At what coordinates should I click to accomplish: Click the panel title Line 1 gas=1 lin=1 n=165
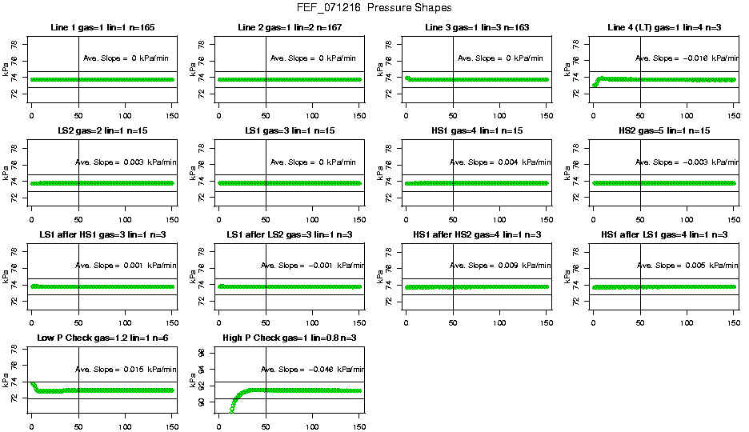click(x=102, y=28)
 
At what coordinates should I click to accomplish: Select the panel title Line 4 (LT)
click(x=663, y=28)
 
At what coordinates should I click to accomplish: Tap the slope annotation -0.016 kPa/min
click(x=687, y=58)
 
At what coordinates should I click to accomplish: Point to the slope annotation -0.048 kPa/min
click(x=313, y=370)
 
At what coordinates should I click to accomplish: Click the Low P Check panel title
click(x=102, y=338)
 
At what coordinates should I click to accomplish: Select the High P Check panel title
click(x=289, y=338)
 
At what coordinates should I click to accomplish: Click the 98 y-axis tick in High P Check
click(x=201, y=352)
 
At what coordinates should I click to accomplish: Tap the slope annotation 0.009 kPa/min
click(x=500, y=266)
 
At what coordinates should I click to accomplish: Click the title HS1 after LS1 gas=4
click(x=663, y=234)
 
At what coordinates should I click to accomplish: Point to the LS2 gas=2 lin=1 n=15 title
click(x=102, y=131)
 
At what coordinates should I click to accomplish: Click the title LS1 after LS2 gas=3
click(x=289, y=234)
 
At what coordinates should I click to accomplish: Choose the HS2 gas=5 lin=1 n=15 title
click(x=663, y=131)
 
